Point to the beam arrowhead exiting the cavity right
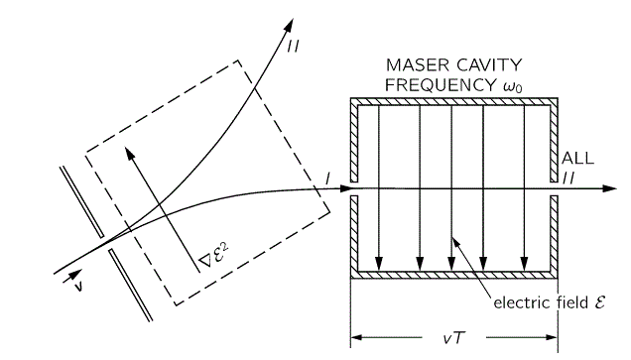point(606,188)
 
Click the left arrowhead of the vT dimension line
point(355,338)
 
